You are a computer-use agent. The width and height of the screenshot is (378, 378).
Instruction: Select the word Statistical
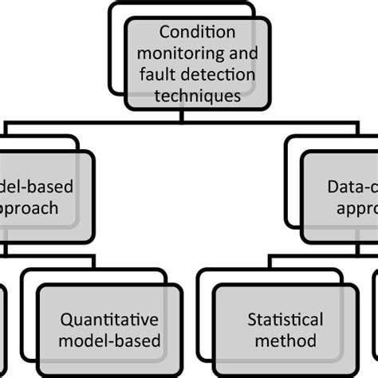285,320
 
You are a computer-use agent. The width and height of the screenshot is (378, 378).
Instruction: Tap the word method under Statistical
285,341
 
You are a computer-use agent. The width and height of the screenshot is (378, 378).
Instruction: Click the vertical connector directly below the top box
183,116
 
